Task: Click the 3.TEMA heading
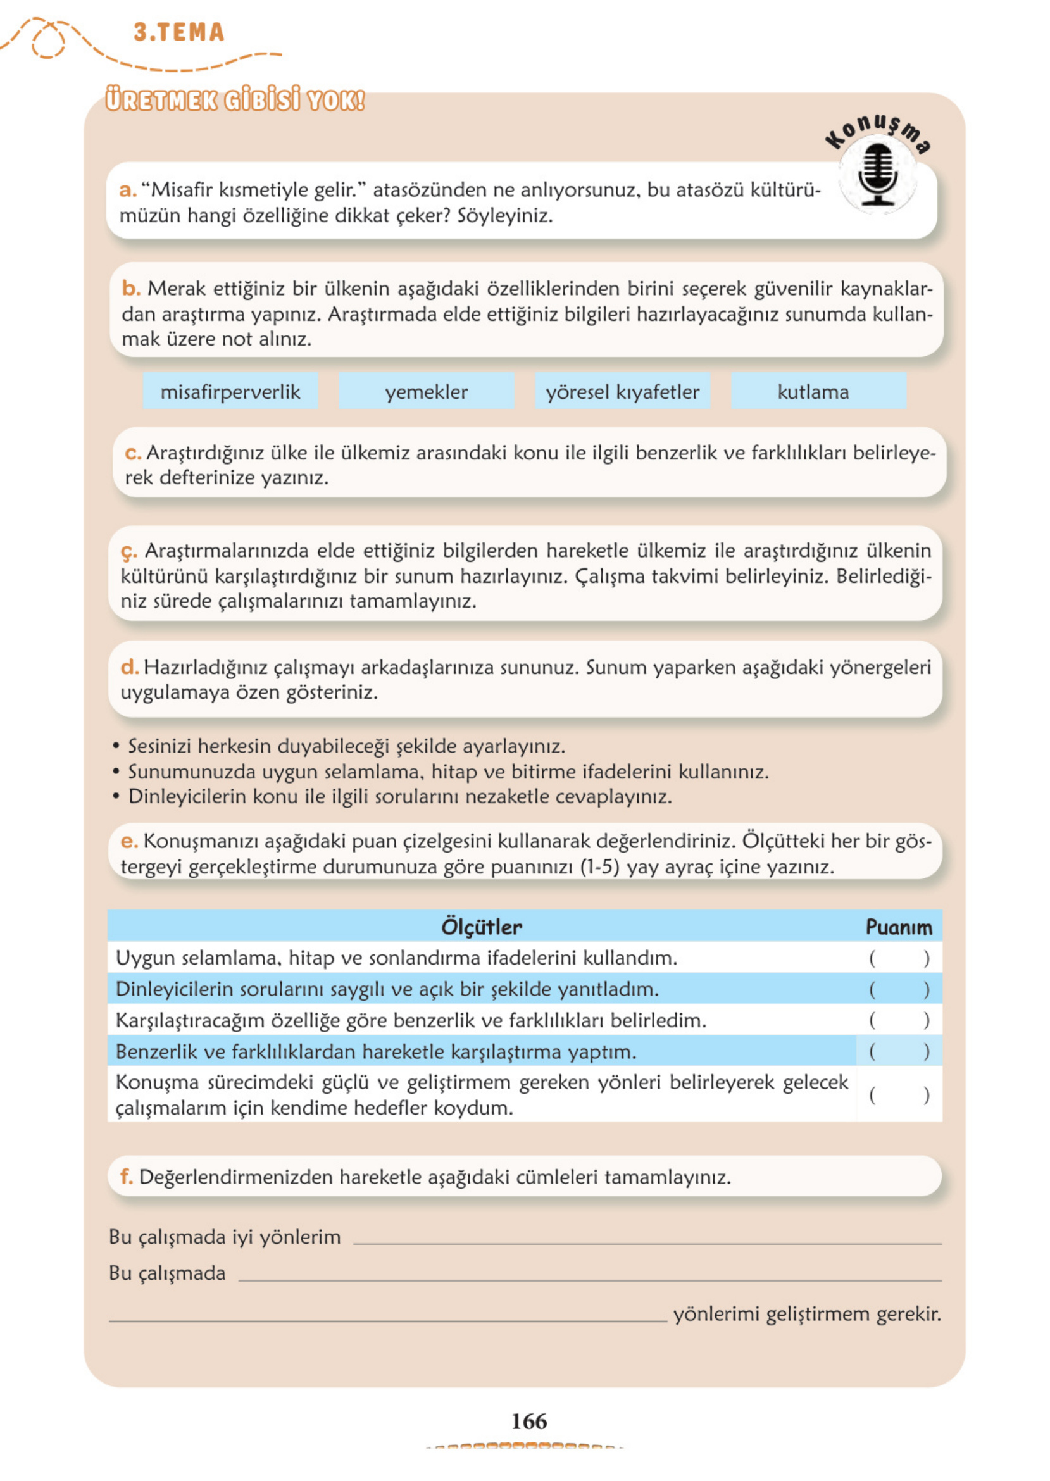pos(178,32)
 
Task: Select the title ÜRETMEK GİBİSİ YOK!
pos(235,101)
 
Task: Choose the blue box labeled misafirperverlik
pos(230,391)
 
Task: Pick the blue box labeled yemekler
pos(426,391)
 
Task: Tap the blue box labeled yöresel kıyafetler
pos(622,391)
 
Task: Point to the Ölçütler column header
pos(482,927)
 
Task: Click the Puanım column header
pos(899,927)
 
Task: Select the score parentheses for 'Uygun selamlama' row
pos(899,958)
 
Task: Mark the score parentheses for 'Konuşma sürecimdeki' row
pos(899,1095)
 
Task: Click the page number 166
pos(528,1421)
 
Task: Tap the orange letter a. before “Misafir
pos(127,189)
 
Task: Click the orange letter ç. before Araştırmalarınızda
pos(128,551)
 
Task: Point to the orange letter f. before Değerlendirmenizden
pos(126,1177)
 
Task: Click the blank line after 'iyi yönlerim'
pos(647,1240)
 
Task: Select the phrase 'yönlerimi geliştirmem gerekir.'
pos(807,1313)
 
